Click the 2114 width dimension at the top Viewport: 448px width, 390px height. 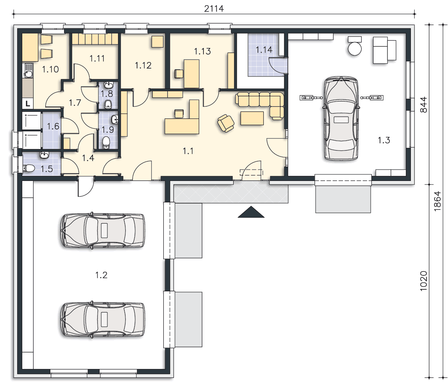pyautogui.click(x=214, y=9)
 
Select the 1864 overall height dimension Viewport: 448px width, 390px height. pyautogui.click(x=437, y=201)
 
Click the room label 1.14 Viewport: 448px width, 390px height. pyautogui.click(x=264, y=50)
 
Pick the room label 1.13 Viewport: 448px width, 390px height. pyautogui.click(x=202, y=51)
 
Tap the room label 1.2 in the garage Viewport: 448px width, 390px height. pyautogui.click(x=101, y=275)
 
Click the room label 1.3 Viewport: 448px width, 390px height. pyautogui.click(x=384, y=140)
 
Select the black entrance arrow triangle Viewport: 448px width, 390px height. pyautogui.click(x=251, y=212)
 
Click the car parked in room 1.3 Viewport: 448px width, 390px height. pyautogui.click(x=341, y=118)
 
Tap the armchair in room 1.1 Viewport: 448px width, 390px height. pyautogui.click(x=226, y=123)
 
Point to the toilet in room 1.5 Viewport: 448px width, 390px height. pyautogui.click(x=29, y=168)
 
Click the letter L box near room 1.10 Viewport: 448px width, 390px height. pyautogui.click(x=28, y=104)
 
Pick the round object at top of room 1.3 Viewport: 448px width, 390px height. pyautogui.click(x=355, y=48)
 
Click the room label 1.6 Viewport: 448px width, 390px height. pyautogui.click(x=53, y=126)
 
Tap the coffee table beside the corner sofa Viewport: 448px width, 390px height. pyautogui.click(x=252, y=118)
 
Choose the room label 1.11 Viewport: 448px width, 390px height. pyautogui.click(x=97, y=58)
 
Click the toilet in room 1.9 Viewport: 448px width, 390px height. pyautogui.click(x=106, y=142)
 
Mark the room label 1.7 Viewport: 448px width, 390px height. pyautogui.click(x=75, y=103)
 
